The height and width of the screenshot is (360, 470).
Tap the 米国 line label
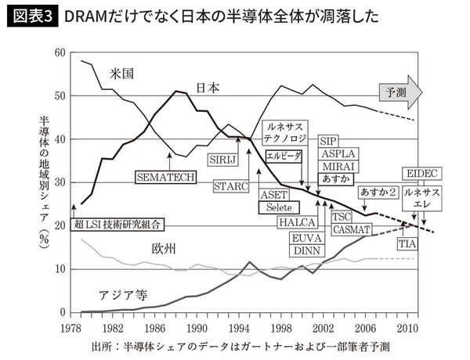[121, 73]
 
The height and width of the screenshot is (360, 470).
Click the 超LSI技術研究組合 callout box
[117, 225]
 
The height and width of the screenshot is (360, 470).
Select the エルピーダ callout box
[284, 156]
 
